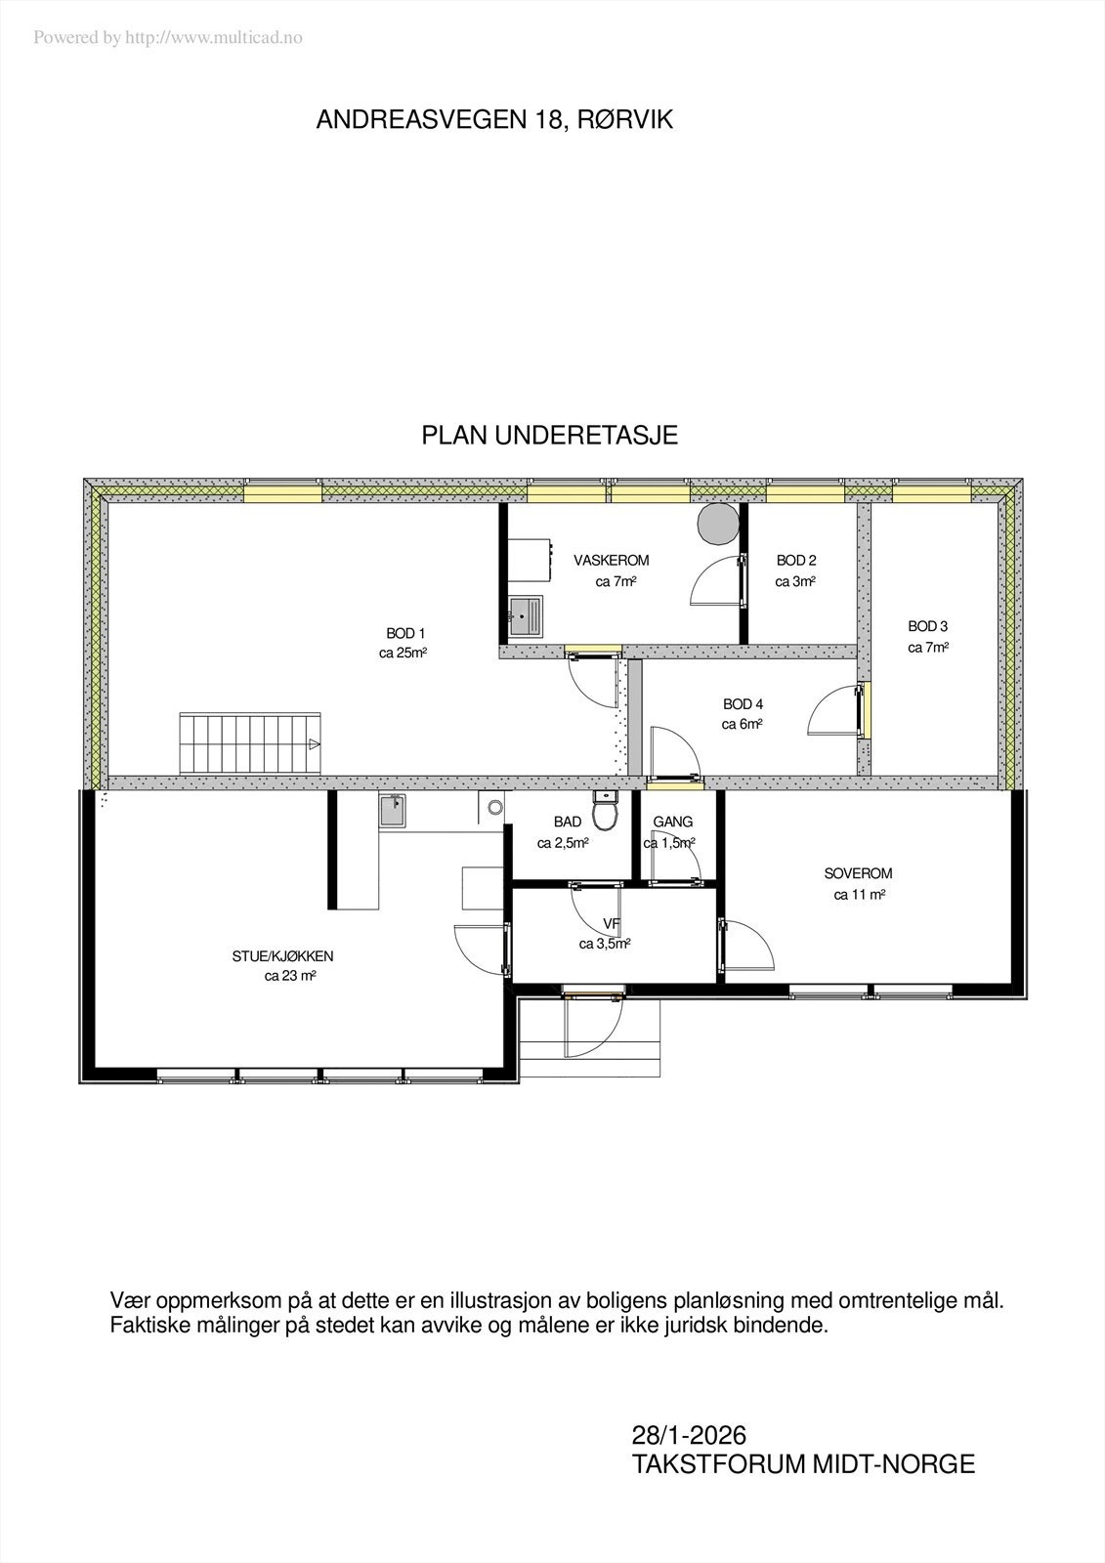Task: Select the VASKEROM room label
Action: [612, 561]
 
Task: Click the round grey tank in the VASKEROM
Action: [718, 524]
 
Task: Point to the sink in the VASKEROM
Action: [529, 616]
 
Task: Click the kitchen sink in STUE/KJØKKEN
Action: [394, 810]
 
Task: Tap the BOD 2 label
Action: [796, 561]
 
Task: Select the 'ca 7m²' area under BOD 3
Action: [927, 648]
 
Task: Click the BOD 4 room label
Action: [743, 704]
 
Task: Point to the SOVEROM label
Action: [858, 874]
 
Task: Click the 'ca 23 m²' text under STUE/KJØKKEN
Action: [289, 976]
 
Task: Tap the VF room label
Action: [612, 924]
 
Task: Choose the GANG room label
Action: [672, 823]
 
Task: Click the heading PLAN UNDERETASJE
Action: [549, 436]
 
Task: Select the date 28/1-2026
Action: [689, 1435]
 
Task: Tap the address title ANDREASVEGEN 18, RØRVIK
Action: [494, 120]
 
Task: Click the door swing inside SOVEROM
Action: [746, 944]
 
